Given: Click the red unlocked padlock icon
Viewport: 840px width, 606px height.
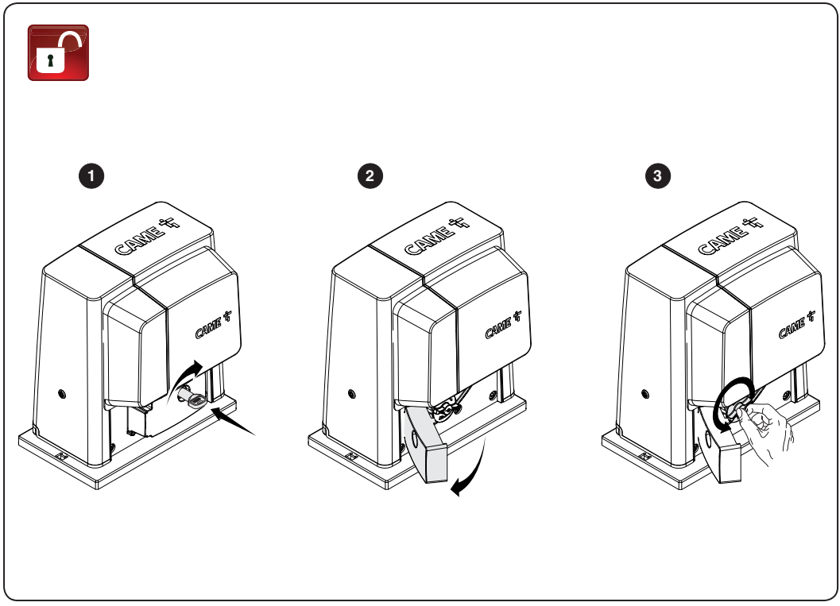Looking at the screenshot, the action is pyautogui.click(x=58, y=52).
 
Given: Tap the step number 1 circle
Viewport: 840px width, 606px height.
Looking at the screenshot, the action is pyautogui.click(x=91, y=176).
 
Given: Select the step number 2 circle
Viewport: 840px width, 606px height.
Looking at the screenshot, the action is pyautogui.click(x=370, y=176).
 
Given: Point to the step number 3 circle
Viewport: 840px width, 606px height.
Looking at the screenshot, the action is pyautogui.click(x=658, y=176).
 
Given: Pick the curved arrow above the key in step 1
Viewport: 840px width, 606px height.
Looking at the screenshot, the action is pyautogui.click(x=185, y=377).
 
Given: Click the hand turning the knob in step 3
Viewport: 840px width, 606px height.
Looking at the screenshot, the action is pyautogui.click(x=766, y=428).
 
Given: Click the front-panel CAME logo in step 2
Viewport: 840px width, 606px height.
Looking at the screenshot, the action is pyautogui.click(x=503, y=324).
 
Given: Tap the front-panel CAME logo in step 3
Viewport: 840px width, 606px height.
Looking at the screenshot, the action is pyautogui.click(x=796, y=324).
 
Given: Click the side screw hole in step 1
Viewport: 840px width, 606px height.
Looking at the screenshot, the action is pyautogui.click(x=62, y=395).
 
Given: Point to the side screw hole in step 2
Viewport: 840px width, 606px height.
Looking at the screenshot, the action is pyautogui.click(x=351, y=395).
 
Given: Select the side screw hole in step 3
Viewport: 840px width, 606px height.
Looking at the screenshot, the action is pyautogui.click(x=645, y=395).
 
